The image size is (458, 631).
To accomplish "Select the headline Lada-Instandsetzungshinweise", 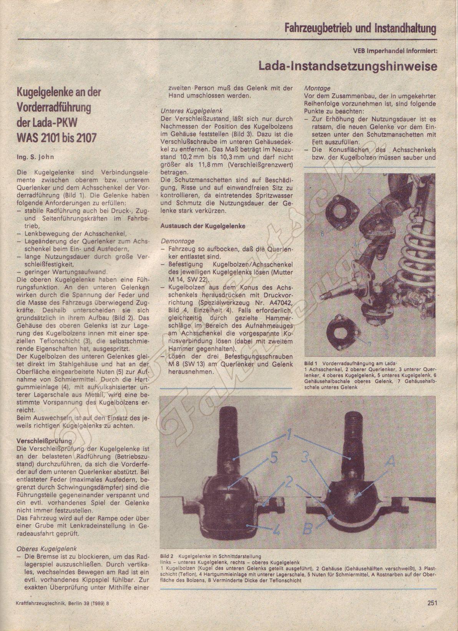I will [x=348, y=66].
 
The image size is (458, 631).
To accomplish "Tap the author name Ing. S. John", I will [x=35, y=157].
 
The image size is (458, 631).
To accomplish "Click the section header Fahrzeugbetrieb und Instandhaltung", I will [x=360, y=28].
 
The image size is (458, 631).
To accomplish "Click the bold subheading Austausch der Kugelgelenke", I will [x=202, y=226].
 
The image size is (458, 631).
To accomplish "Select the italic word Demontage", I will [x=178, y=241].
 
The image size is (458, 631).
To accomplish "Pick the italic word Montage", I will [x=317, y=88].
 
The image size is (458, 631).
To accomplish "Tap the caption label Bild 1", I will [x=310, y=363].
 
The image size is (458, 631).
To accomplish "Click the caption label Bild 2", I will [x=167, y=556].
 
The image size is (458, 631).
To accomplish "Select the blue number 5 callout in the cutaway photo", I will [x=273, y=458].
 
